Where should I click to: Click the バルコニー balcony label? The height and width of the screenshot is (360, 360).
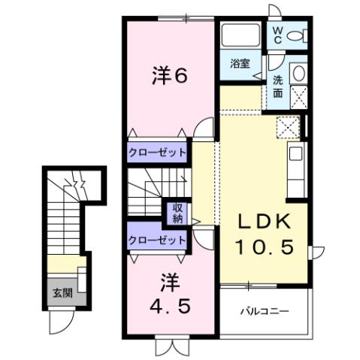pyautogui.click(x=265, y=311)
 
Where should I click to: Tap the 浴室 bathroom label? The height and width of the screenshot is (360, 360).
pyautogui.click(x=240, y=65)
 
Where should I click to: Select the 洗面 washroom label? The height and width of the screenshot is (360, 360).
pyautogui.click(x=277, y=86)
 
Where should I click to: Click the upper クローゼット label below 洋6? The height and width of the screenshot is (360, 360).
pyautogui.click(x=156, y=152)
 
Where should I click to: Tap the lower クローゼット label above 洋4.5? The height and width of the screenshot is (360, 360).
pyautogui.click(x=156, y=240)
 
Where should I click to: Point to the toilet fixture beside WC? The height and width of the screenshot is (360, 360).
pyautogui.click(x=298, y=35)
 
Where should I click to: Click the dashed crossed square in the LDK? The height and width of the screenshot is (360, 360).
pyautogui.click(x=286, y=129)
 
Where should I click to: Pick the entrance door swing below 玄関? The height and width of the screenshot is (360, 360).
pyautogui.click(x=58, y=322)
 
